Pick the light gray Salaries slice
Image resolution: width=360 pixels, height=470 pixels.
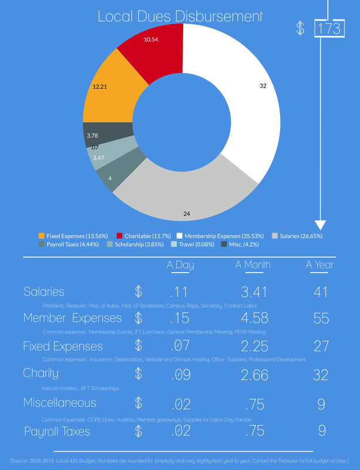(188, 194)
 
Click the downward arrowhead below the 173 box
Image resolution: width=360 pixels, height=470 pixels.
(321, 224)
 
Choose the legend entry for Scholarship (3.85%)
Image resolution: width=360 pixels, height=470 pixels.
(137, 244)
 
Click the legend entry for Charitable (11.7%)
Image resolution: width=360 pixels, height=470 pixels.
(140, 236)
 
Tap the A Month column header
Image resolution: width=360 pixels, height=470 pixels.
(253, 265)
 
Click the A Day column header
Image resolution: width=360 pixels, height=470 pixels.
(180, 265)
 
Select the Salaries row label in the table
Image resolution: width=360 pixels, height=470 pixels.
(44, 291)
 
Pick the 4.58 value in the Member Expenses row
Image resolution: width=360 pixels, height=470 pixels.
(253, 318)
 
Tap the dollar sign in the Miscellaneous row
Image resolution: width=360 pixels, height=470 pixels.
(139, 402)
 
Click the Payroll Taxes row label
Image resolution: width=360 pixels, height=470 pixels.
(57, 432)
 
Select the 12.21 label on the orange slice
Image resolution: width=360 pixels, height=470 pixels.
(100, 87)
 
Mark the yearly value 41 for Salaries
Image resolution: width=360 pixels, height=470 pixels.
(321, 291)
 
